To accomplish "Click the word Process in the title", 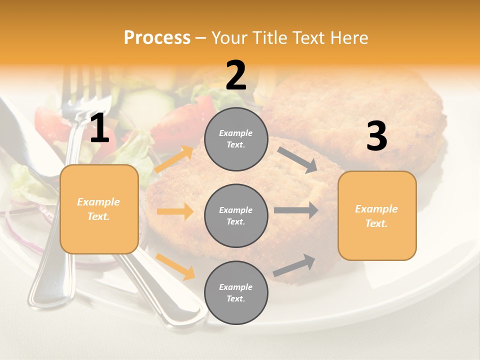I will [x=157, y=37].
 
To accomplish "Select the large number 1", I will [x=99, y=128].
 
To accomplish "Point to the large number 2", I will [x=236, y=75].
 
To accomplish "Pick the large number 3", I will [x=376, y=136].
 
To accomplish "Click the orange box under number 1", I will [x=99, y=209].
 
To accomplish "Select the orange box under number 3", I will [x=377, y=215].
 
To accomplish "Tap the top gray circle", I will [x=236, y=139].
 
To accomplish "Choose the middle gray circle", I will [x=236, y=215].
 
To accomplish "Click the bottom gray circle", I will [x=236, y=292].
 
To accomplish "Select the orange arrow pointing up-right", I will [x=174, y=159].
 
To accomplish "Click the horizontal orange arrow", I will [x=175, y=211].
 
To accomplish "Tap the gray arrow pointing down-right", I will [x=297, y=160].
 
